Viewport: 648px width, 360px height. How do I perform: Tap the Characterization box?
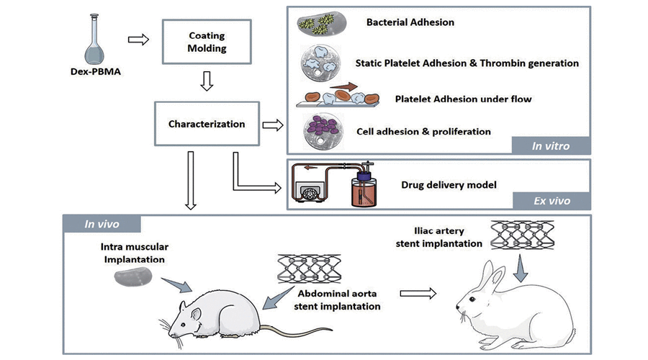click(x=206, y=124)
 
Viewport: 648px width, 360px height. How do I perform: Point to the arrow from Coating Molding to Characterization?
click(x=206, y=81)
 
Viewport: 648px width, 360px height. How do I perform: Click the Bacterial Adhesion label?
click(x=410, y=22)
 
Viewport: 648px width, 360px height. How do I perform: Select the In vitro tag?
click(x=551, y=145)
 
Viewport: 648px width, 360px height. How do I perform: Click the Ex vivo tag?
click(x=552, y=201)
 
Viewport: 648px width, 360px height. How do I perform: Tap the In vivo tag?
click(x=102, y=223)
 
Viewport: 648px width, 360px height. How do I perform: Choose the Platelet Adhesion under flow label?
click(x=464, y=99)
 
